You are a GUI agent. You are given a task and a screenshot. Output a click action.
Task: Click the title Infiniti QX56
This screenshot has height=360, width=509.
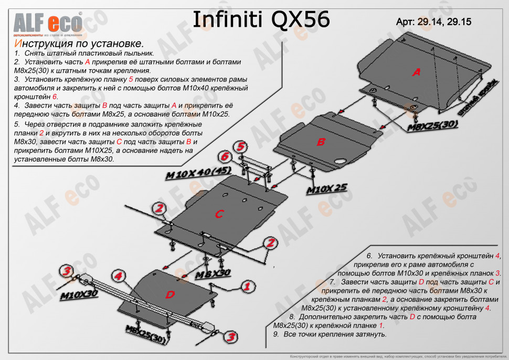pyautogui.click(x=261, y=19)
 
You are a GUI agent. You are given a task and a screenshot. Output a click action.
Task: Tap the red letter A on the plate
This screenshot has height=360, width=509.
pyautogui.click(x=417, y=72)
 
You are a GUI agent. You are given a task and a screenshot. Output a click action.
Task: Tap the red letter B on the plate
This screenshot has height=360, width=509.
pyautogui.click(x=321, y=141)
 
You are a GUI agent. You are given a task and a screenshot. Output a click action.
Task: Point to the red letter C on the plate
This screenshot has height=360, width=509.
pyautogui.click(x=219, y=214)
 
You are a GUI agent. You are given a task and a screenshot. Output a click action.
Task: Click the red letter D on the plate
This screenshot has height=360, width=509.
pyautogui.click(x=170, y=294)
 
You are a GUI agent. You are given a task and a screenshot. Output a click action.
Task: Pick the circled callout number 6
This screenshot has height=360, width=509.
pyautogui.click(x=225, y=156)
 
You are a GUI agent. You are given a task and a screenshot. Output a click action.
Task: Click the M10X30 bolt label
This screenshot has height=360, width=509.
pyautogui.click(x=79, y=294)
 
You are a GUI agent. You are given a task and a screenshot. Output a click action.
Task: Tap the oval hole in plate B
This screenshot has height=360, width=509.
pyautogui.click(x=341, y=161)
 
